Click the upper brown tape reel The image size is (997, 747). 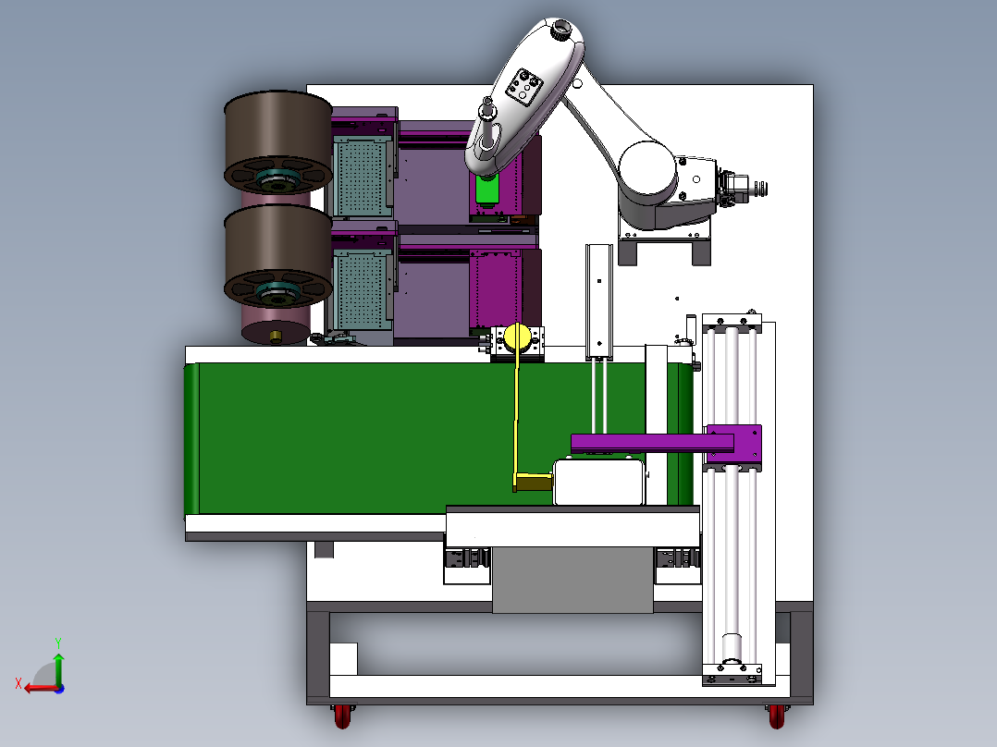pos(277,141)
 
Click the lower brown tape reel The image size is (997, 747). pos(277,255)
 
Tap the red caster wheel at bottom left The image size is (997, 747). pos(342,716)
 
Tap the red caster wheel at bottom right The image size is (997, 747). pos(776,716)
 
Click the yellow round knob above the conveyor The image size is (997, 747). pos(518,337)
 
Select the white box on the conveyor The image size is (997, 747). pos(599,483)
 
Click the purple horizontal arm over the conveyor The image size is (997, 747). pos(652,443)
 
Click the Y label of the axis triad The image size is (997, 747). pos(58,643)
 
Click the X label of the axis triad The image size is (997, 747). pos(18,684)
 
